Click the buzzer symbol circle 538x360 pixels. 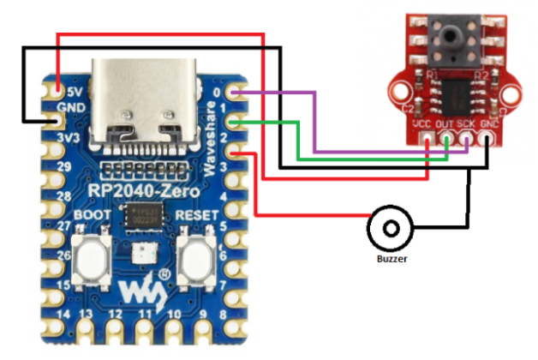point(391,229)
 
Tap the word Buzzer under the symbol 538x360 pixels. point(391,258)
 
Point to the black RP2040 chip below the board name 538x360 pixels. point(141,216)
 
